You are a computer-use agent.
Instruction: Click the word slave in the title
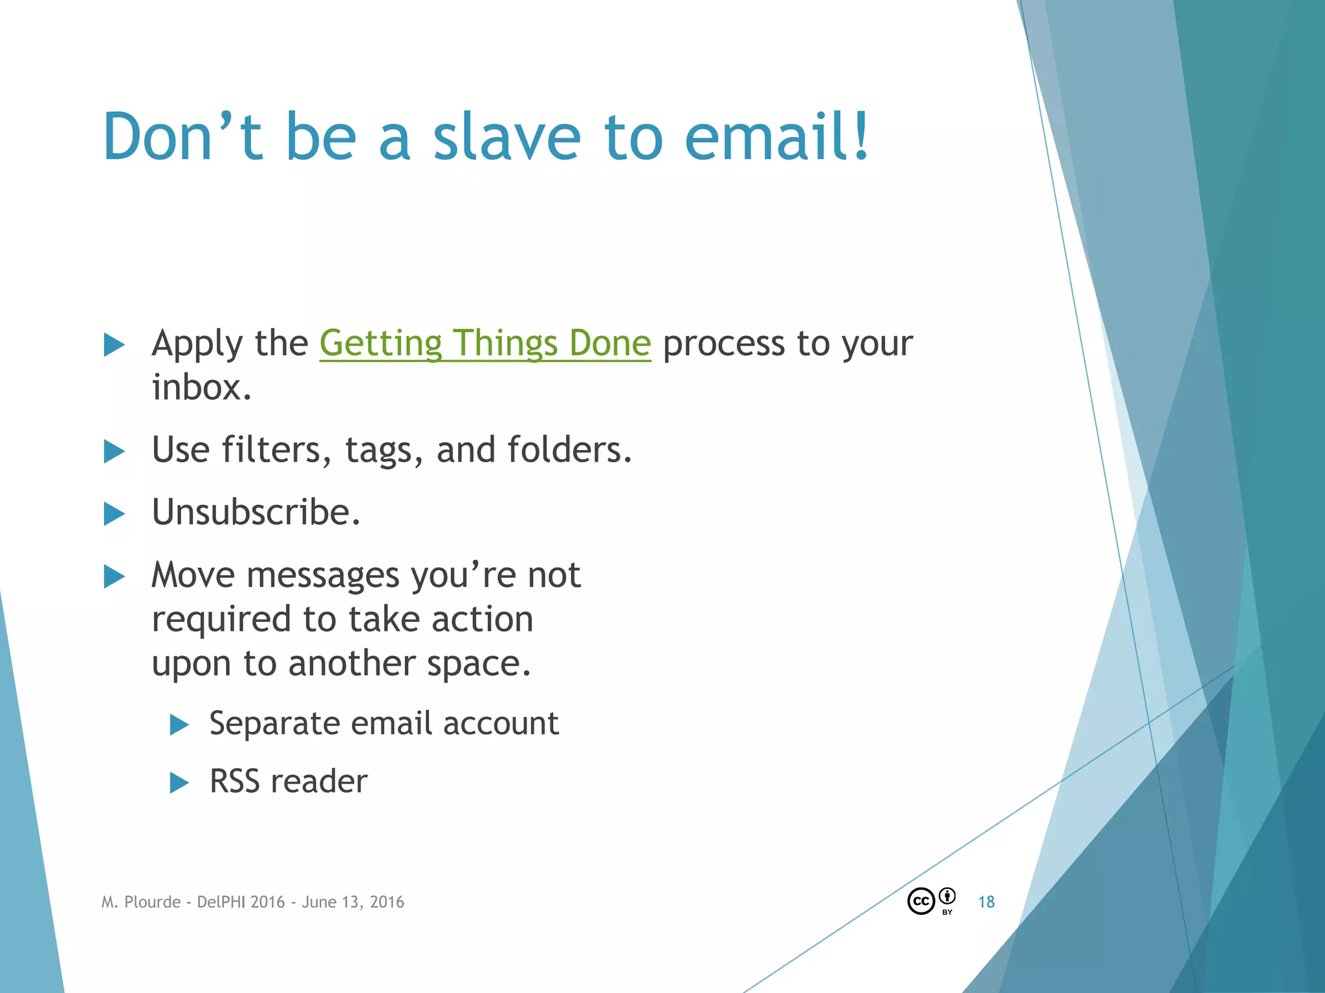pos(507,137)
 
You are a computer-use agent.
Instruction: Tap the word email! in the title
pos(776,137)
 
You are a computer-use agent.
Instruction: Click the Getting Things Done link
pos(485,343)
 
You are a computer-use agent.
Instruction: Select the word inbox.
pos(201,388)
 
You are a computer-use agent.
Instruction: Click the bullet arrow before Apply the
pos(114,345)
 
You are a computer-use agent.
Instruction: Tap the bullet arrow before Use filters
pos(114,451)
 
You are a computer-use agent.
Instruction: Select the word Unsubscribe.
pos(256,513)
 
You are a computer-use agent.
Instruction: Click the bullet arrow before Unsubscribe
pos(114,514)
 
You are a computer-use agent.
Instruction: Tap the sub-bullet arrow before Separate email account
pos(179,725)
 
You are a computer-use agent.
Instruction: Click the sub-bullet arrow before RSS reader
pos(179,783)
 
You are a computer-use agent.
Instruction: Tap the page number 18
pos(986,902)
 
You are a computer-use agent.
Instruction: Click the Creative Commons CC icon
pos(921,901)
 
